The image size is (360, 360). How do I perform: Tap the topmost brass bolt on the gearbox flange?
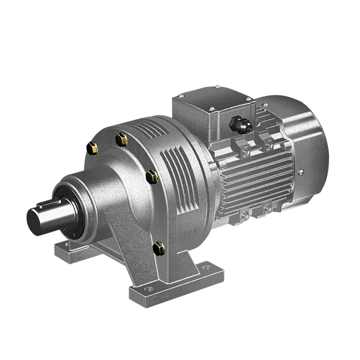click(x=121, y=139)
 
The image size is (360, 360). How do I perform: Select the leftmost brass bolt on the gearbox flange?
click(x=92, y=148)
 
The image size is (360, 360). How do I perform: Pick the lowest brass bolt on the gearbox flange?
click(x=159, y=247)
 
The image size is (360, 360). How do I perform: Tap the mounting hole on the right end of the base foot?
click(x=207, y=268)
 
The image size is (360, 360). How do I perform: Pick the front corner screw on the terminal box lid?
click(x=210, y=108)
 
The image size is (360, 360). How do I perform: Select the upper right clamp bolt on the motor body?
click(x=267, y=145)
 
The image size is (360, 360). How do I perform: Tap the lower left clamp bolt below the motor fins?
click(x=244, y=214)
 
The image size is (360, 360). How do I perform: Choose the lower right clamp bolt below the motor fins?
click(x=267, y=208)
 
